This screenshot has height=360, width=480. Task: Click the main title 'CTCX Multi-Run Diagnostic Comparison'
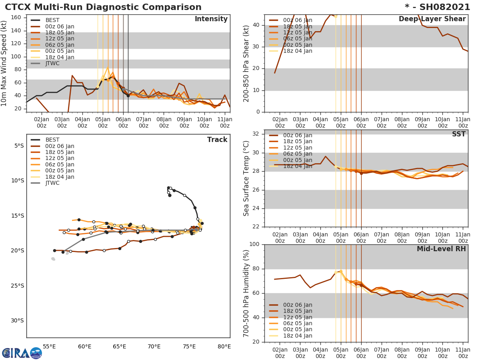tap(103, 7)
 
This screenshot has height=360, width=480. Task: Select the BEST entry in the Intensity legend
tap(52, 20)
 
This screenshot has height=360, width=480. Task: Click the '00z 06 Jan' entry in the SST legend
tap(298, 136)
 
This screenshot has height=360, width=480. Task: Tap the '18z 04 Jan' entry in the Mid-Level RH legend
tap(298, 336)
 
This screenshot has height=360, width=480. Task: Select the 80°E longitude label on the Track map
tap(224, 346)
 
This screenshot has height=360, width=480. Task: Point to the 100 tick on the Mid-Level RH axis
tap(254, 244)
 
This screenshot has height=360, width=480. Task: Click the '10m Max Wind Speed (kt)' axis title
tap(5, 63)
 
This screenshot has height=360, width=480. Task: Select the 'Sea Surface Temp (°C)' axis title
tap(246, 178)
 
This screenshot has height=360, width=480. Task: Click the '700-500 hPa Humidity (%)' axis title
tap(246, 293)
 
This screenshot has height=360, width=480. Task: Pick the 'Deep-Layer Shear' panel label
tap(432, 19)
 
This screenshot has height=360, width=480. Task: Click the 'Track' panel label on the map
tap(217, 140)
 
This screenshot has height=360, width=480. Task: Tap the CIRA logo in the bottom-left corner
tap(22, 353)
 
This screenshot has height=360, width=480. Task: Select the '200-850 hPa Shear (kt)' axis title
tap(246, 63)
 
